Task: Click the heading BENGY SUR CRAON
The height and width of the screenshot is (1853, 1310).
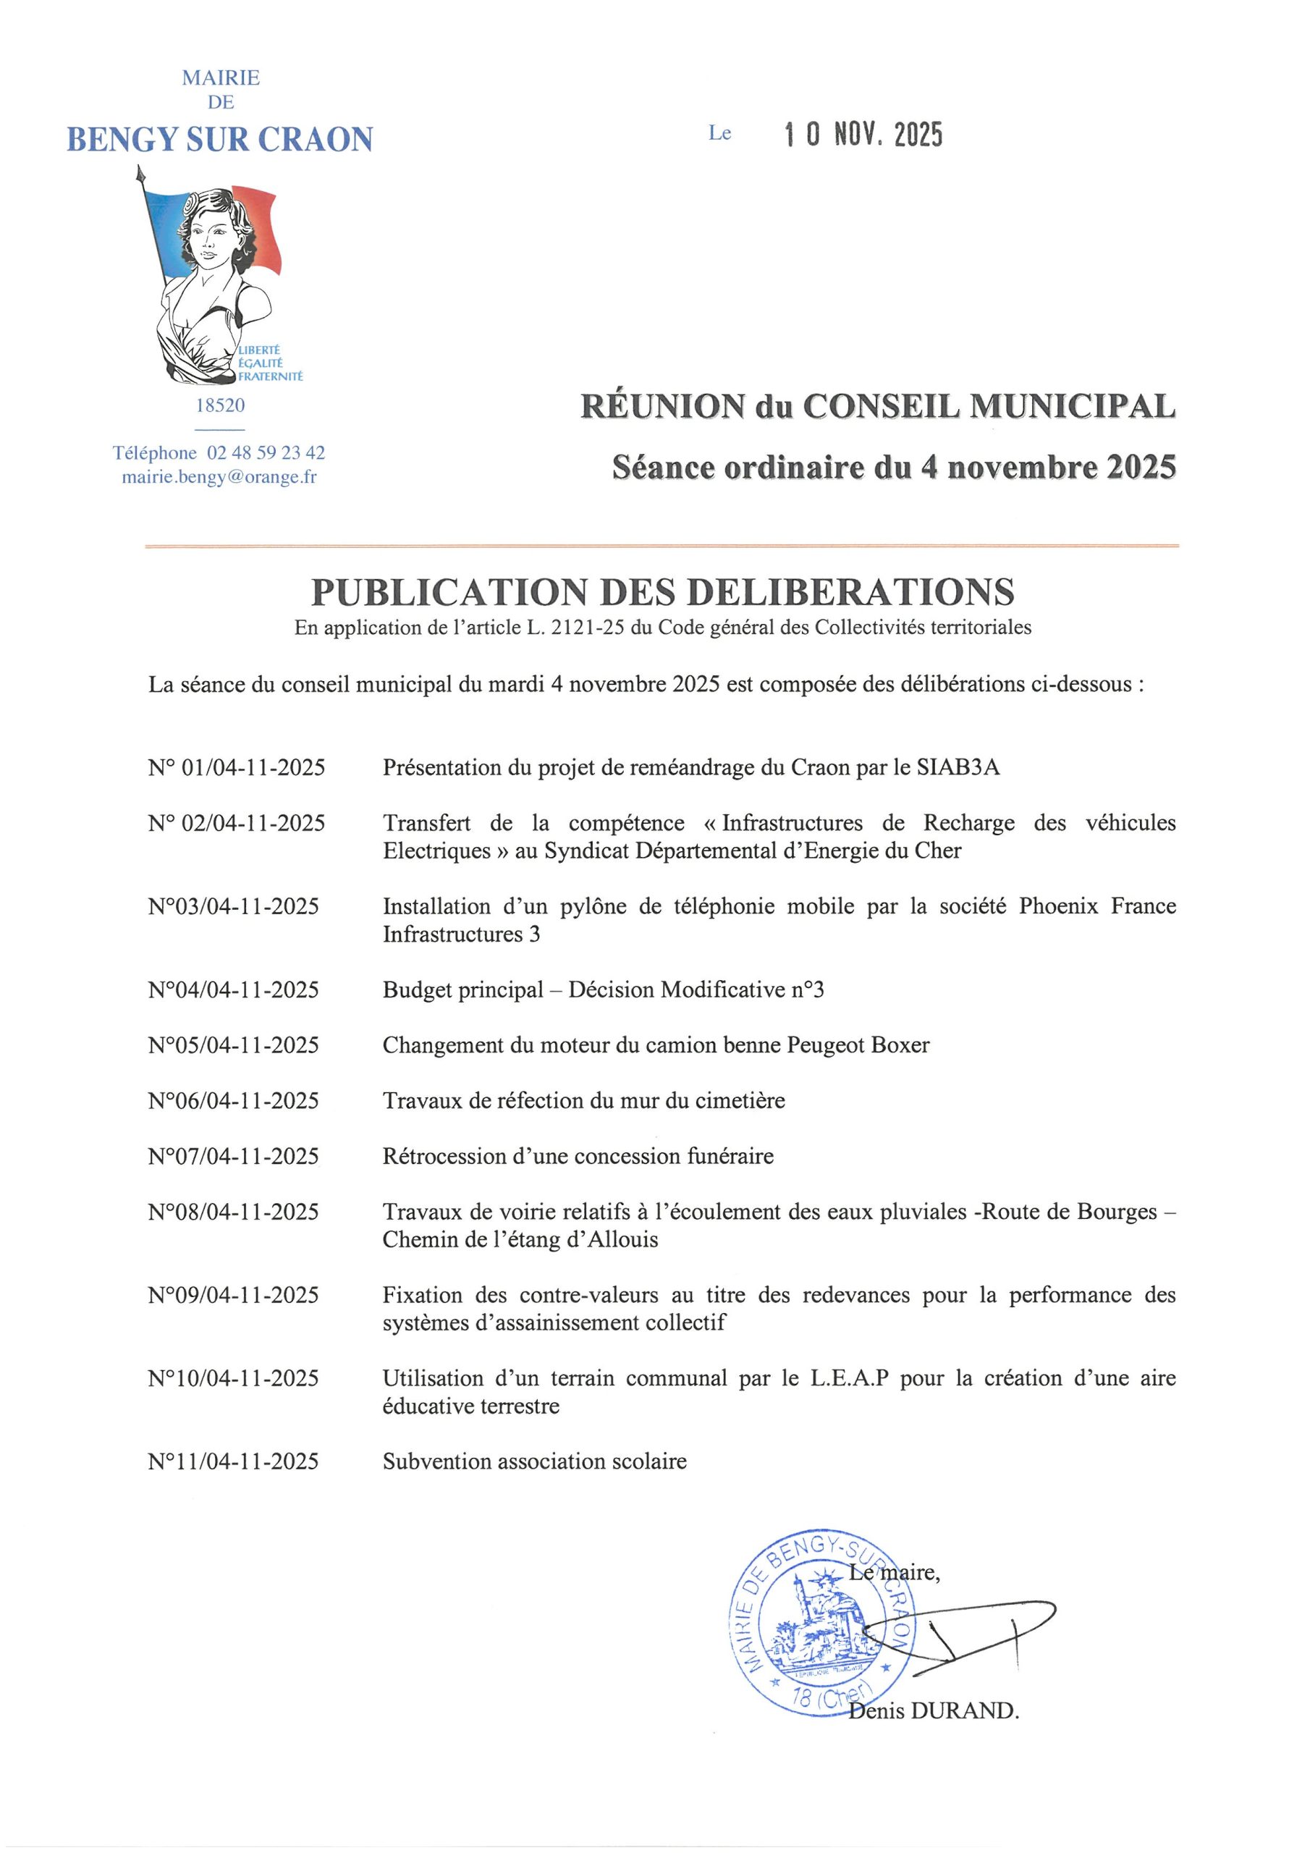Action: click(219, 140)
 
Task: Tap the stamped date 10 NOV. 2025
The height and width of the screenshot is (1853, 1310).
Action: click(863, 135)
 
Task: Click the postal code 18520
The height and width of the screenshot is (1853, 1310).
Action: click(220, 405)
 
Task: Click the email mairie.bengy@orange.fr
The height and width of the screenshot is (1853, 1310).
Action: click(219, 477)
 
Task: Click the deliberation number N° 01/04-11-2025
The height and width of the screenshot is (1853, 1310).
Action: click(237, 767)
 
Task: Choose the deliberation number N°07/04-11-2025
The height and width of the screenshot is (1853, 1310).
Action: click(233, 1156)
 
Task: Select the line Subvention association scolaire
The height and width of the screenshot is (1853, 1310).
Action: click(534, 1461)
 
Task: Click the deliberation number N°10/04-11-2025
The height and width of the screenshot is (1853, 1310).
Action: click(233, 1378)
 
